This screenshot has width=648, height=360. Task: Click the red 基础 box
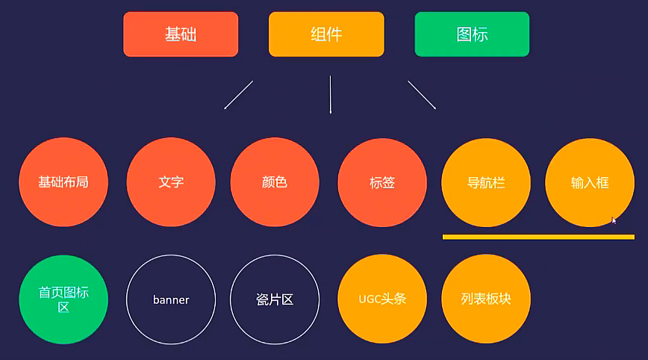click(x=181, y=34)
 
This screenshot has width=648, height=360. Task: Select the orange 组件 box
click(x=326, y=34)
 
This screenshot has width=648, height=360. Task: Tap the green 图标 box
click(x=472, y=34)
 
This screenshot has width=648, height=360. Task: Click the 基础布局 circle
click(x=63, y=182)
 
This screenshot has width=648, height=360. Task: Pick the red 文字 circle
click(x=171, y=182)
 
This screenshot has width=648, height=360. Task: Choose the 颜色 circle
click(x=275, y=182)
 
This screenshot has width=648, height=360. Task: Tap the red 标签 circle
click(x=382, y=182)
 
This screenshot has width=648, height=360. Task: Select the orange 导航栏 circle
click(x=486, y=182)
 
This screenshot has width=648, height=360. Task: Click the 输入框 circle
click(x=590, y=182)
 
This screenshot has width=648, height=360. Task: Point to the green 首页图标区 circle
click(x=63, y=300)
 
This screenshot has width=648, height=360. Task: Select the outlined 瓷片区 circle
click(x=275, y=300)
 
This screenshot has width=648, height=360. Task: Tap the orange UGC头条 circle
click(x=382, y=300)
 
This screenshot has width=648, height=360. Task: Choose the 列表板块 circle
click(x=486, y=300)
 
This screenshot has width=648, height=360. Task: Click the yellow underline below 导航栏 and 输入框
click(x=538, y=237)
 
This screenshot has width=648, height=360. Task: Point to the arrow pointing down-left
click(x=239, y=95)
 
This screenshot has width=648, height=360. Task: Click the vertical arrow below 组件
click(x=330, y=94)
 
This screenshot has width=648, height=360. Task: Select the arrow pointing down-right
click(x=422, y=95)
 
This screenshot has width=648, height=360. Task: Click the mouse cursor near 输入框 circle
click(x=614, y=220)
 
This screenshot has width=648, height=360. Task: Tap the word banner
click(x=171, y=300)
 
